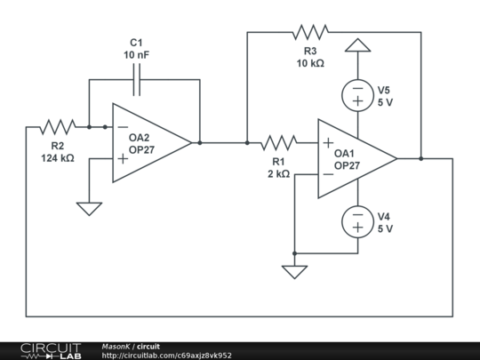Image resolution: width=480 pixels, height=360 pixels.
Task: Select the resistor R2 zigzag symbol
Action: click(x=57, y=126)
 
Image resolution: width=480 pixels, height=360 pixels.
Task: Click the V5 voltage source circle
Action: click(x=357, y=95)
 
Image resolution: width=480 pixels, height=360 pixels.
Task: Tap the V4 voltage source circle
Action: click(x=357, y=221)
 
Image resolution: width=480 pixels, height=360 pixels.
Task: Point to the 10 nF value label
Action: click(x=137, y=54)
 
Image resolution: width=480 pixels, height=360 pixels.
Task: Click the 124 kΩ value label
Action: click(x=57, y=157)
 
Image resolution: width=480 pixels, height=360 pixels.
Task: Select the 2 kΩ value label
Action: click(x=278, y=173)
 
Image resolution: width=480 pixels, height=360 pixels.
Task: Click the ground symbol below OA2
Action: click(x=89, y=209)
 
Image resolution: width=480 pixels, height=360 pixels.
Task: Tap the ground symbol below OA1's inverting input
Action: click(x=294, y=270)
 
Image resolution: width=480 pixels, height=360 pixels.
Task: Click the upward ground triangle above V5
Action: click(x=357, y=45)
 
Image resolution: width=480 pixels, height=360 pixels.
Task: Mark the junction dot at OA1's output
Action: click(x=421, y=159)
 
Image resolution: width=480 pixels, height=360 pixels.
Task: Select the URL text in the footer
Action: click(x=166, y=356)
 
